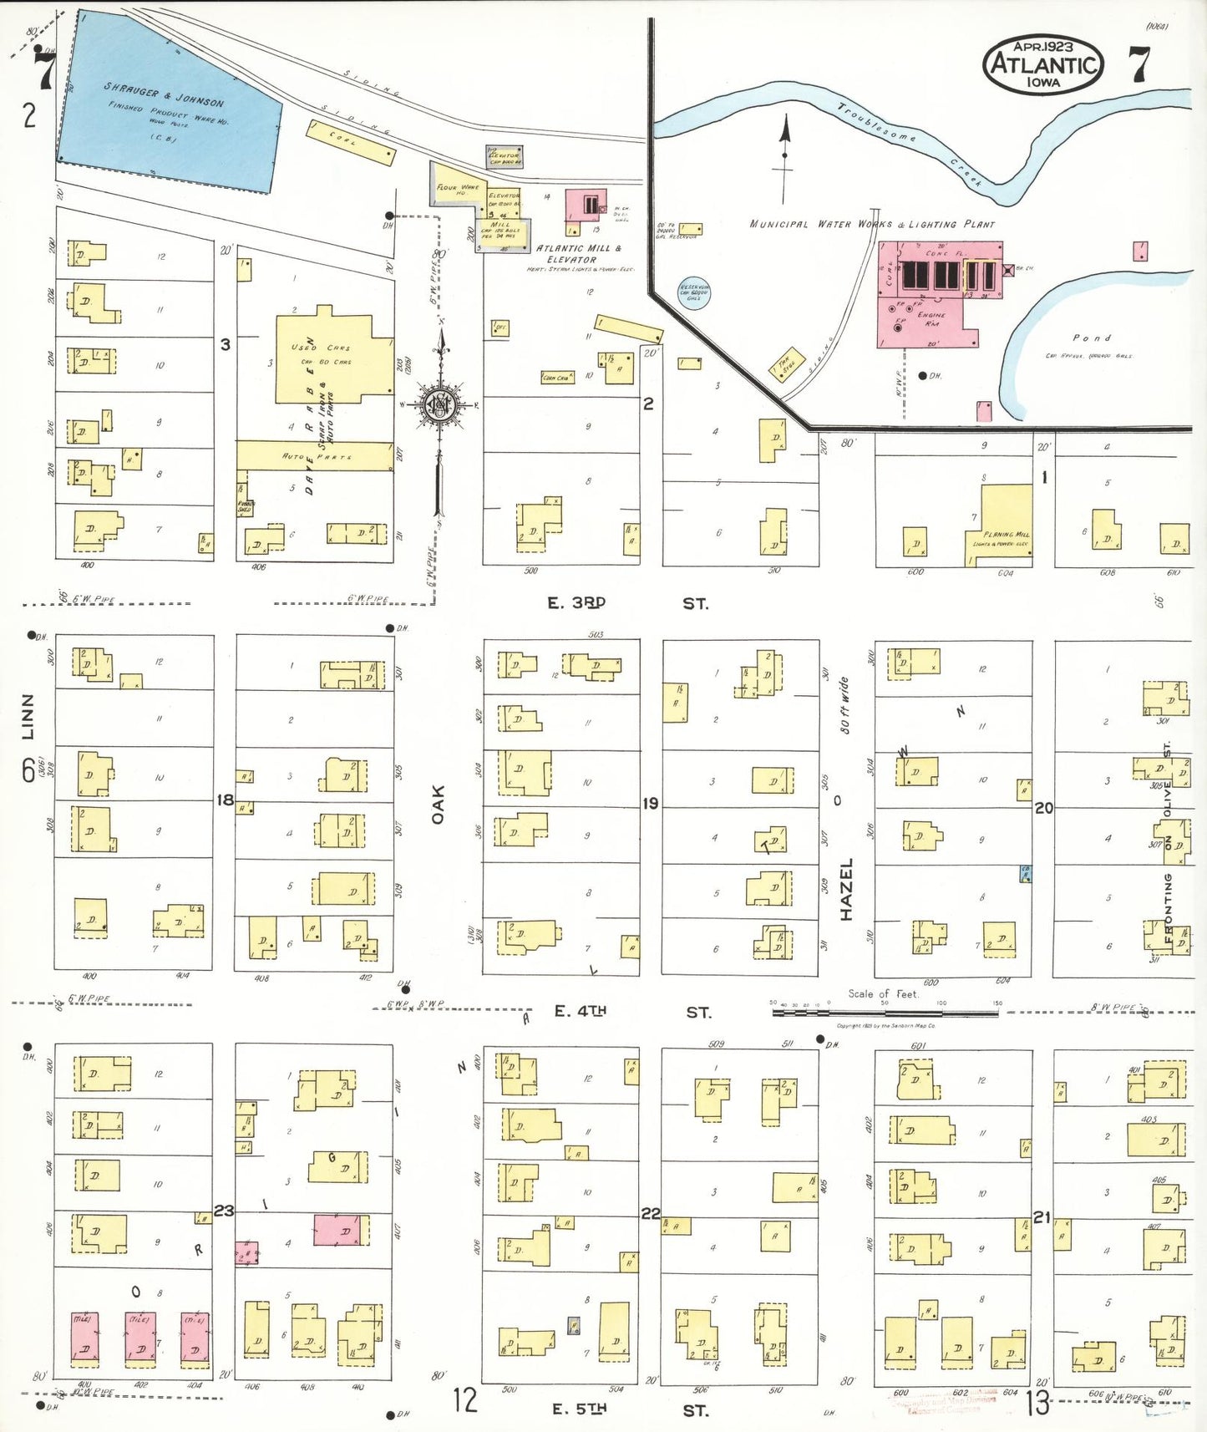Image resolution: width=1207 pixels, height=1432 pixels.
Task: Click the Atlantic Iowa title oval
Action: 1043,64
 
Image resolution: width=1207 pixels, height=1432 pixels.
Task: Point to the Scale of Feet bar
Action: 885,1013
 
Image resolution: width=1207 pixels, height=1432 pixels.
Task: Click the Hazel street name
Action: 846,889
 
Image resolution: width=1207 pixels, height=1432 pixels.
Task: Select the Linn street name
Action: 28,716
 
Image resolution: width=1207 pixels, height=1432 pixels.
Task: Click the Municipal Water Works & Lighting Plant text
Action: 872,224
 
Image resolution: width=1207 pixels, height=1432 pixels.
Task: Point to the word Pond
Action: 1093,338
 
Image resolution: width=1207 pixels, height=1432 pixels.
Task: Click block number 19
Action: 650,804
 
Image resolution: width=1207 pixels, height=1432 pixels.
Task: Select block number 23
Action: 224,1211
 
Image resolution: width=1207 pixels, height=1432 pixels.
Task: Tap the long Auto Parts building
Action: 315,456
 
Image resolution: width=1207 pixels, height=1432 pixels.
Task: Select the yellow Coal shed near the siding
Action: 350,143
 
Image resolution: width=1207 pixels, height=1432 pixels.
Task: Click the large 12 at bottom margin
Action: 464,1399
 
